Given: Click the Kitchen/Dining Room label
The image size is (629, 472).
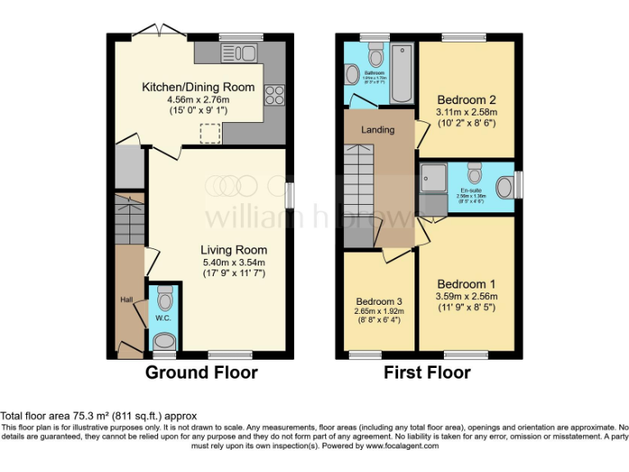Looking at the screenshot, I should pos(198,87).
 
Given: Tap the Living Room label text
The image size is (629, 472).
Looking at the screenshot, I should pos(234,250).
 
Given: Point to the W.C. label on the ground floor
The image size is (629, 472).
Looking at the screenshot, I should pos(162,317).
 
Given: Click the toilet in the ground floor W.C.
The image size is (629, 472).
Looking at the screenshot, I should pos(164,339).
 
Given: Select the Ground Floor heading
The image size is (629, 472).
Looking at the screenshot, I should pos(201,373).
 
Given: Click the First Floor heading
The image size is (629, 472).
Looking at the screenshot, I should pos(428,373).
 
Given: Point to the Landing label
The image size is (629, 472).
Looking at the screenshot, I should pos(378,129).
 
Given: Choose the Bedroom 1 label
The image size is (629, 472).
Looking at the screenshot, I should pos(467,284).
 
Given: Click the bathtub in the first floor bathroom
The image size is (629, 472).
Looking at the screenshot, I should pos(402,75).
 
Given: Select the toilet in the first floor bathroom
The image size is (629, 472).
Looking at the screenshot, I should pos(376,56).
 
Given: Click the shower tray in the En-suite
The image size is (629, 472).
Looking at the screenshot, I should pos(433,177).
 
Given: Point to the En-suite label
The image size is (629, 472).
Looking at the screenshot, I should pos(471,190).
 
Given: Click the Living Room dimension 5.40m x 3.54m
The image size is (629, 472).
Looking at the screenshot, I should pos(234,262).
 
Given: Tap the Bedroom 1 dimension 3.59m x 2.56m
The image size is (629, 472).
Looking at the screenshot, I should pos(467,297).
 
